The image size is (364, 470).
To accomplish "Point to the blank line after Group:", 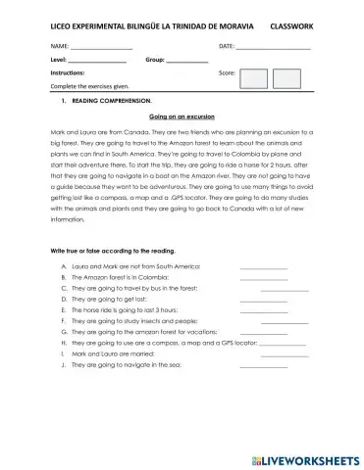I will point(186,63).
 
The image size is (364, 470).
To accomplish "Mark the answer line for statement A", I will point(263,268).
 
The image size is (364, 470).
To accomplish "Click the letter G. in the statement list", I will point(64,333).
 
